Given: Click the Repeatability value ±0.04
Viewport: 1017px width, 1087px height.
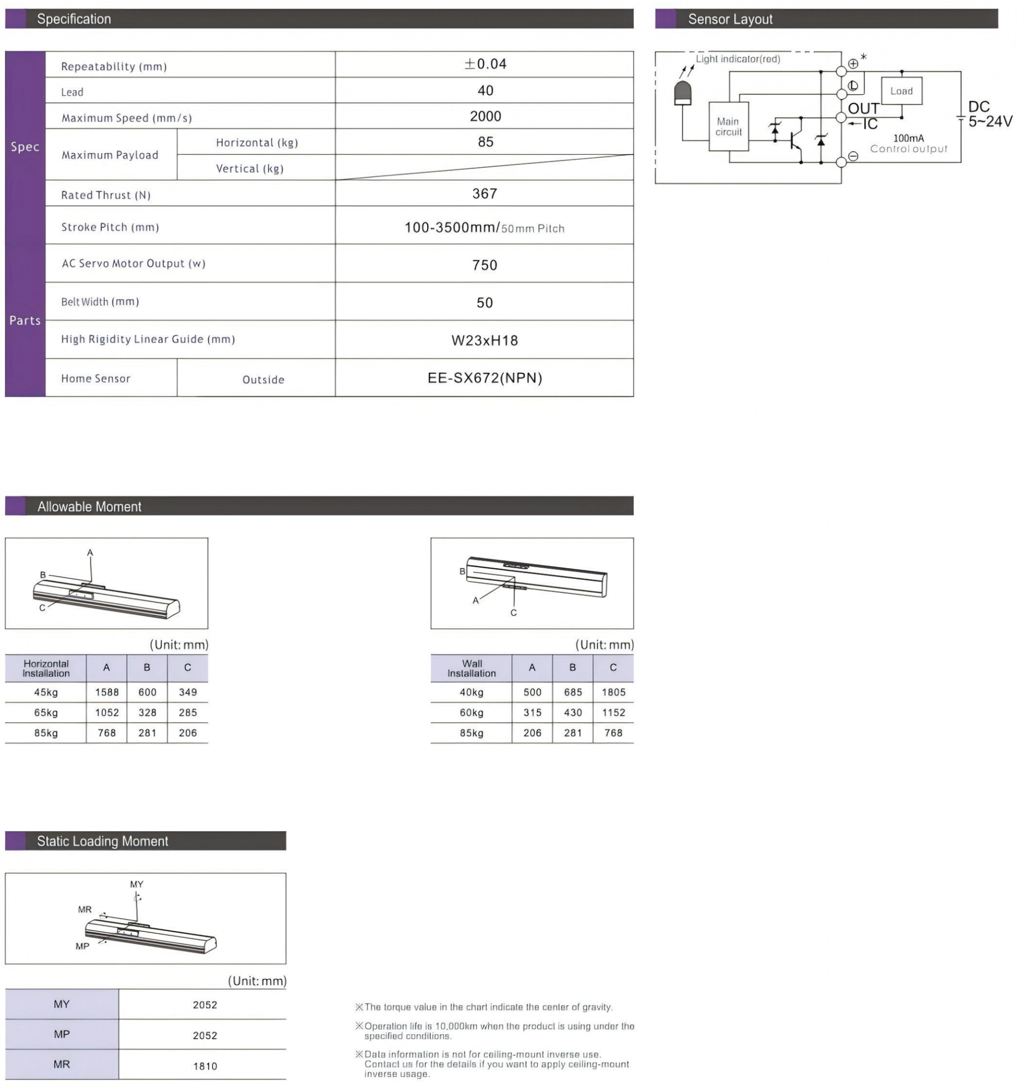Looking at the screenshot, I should click(x=485, y=65).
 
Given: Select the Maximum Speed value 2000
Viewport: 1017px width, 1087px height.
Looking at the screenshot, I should click(x=485, y=116).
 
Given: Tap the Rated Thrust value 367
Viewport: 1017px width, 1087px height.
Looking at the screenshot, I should click(x=484, y=194).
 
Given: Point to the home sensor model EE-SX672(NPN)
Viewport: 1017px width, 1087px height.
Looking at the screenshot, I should click(x=484, y=378).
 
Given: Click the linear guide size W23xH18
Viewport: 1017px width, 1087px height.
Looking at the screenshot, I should click(x=484, y=341).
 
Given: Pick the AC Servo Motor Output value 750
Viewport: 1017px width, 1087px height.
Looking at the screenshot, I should click(x=484, y=265).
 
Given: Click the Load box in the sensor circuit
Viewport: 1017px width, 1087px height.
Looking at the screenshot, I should click(x=901, y=92).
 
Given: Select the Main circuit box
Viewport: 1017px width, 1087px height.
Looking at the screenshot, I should click(x=728, y=127).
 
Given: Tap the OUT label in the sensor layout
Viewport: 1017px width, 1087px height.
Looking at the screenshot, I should click(x=863, y=109).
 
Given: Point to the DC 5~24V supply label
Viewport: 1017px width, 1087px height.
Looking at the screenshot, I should click(x=989, y=114).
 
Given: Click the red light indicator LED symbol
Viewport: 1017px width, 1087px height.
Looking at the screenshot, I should click(x=682, y=93).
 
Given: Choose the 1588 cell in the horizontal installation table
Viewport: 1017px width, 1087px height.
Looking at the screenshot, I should click(x=107, y=692).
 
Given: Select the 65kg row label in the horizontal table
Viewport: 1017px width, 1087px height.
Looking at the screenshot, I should click(x=46, y=713).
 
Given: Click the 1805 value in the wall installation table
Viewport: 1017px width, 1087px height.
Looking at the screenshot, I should click(x=613, y=692).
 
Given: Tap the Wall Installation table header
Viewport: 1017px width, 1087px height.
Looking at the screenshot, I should click(x=471, y=668).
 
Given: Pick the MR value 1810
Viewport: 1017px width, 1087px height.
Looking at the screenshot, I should click(x=205, y=1066).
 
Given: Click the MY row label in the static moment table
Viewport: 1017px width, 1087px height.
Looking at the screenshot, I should click(x=62, y=1005).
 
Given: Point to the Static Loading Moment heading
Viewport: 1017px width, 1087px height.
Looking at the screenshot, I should click(x=102, y=841).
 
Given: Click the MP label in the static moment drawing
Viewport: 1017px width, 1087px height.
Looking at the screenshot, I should click(x=82, y=947).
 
